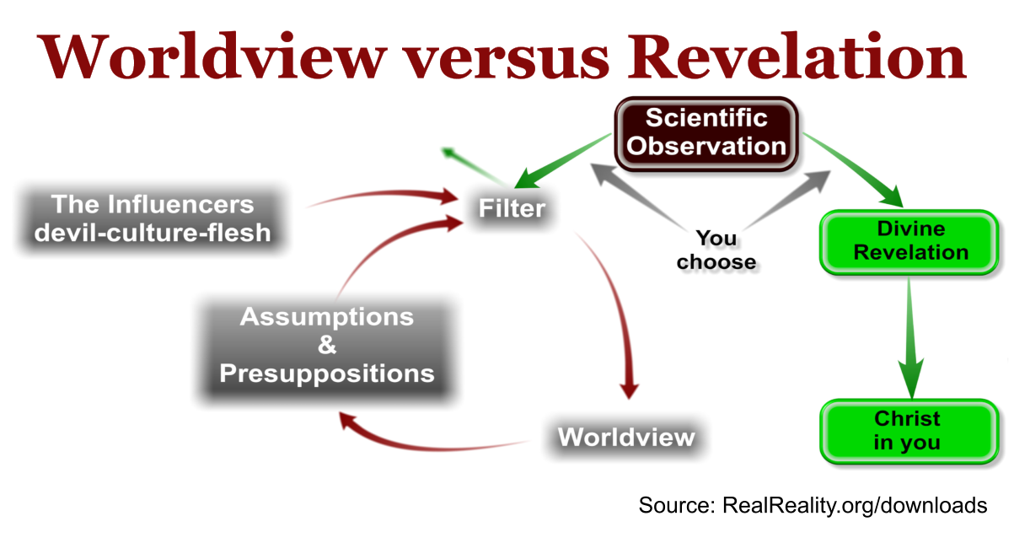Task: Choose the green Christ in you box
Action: (906, 430)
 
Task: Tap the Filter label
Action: (512, 207)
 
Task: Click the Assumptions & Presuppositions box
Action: (326, 345)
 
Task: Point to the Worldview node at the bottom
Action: (626, 438)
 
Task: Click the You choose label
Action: (716, 250)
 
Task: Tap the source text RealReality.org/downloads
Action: (854, 506)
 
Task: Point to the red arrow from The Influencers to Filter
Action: (379, 196)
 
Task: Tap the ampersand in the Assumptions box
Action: (326, 345)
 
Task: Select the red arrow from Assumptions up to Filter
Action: (379, 253)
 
